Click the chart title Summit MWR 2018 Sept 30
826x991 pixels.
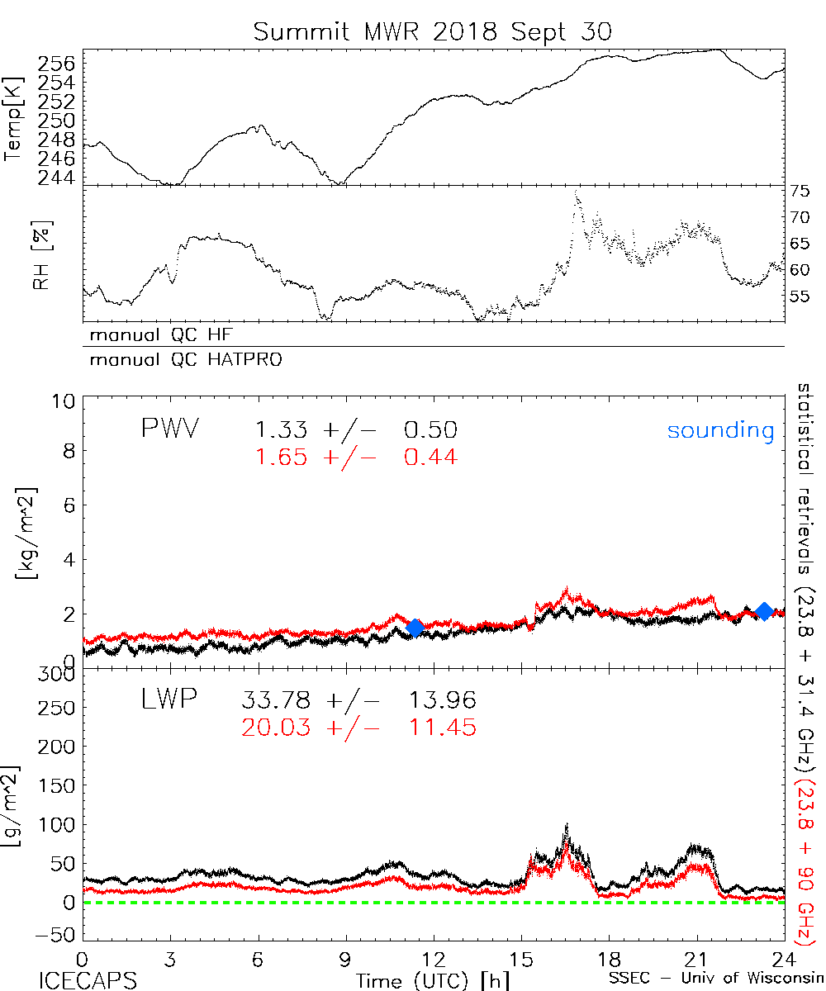[x=433, y=32]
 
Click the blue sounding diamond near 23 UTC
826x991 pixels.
[x=764, y=611]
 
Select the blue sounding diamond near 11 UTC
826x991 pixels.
[x=415, y=628]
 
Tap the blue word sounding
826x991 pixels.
[x=720, y=430]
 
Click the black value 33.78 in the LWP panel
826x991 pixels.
[x=276, y=701]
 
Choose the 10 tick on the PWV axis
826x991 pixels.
[x=66, y=401]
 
